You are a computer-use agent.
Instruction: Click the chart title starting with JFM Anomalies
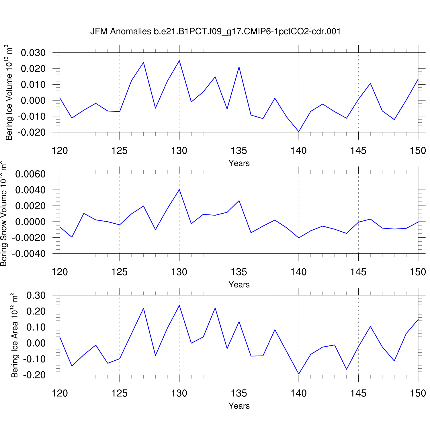tap(215, 31)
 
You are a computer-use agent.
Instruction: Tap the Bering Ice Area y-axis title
tap(14, 335)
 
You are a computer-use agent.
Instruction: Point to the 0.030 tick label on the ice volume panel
tap(33, 53)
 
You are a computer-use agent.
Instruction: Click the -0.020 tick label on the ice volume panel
tap(32, 132)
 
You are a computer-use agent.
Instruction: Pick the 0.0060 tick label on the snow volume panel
tap(30, 174)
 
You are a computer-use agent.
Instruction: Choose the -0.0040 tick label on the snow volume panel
tap(29, 254)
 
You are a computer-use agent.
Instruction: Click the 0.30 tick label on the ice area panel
tap(36, 295)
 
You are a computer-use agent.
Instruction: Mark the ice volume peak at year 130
tap(179, 60)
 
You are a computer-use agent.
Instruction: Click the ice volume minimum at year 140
tap(299, 132)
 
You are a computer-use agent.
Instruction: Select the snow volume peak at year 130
tap(179, 189)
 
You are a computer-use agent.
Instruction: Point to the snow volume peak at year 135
tap(239, 200)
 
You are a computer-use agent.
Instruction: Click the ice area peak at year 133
tap(215, 308)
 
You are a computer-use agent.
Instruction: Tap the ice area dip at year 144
tap(347, 369)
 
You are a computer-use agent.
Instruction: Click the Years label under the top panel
tap(239, 163)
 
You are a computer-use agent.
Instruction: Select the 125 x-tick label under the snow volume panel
tap(120, 272)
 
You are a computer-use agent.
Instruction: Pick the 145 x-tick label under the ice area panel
tap(358, 393)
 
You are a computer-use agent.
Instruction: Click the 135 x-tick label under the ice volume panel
tap(239, 150)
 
